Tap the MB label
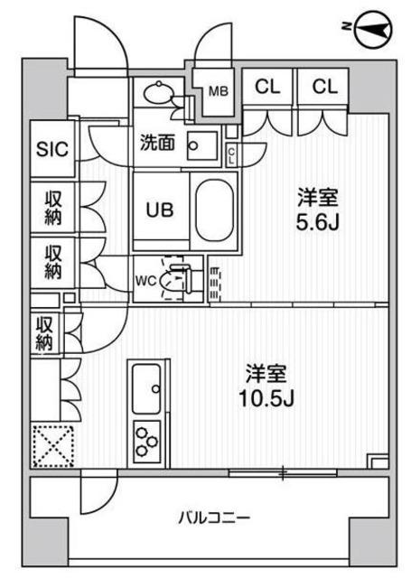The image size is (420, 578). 218,90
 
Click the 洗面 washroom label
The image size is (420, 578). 157,142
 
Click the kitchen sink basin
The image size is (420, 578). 146,389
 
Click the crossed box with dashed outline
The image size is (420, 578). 51,445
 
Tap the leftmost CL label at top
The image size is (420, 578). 266,88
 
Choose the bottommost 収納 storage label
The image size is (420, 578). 45,333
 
